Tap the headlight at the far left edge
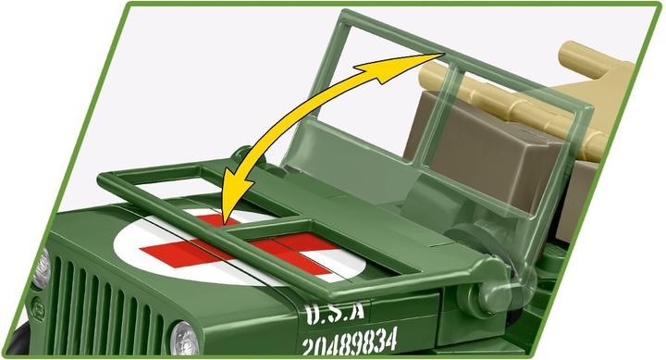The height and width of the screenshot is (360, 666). point(41,267)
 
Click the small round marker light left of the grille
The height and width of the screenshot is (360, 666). point(37,305)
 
